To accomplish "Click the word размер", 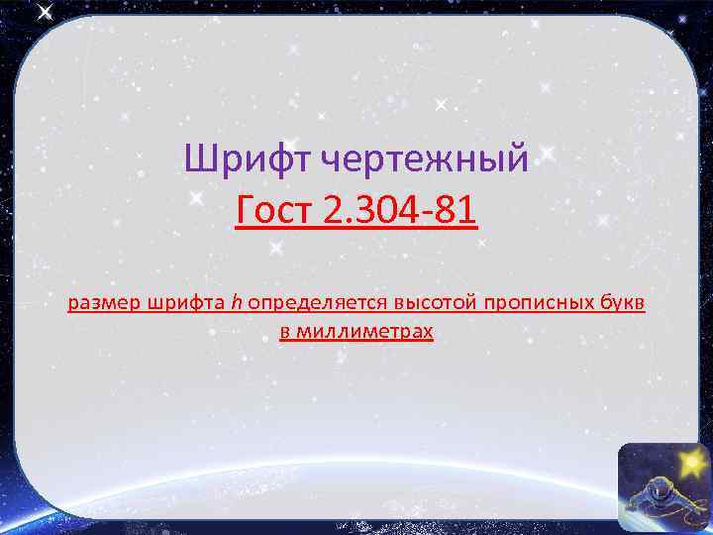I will point(104,302).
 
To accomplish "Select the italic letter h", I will point(237,302).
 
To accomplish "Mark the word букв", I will point(622,302).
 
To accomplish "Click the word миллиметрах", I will point(364,332).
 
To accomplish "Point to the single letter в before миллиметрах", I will point(284,332).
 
